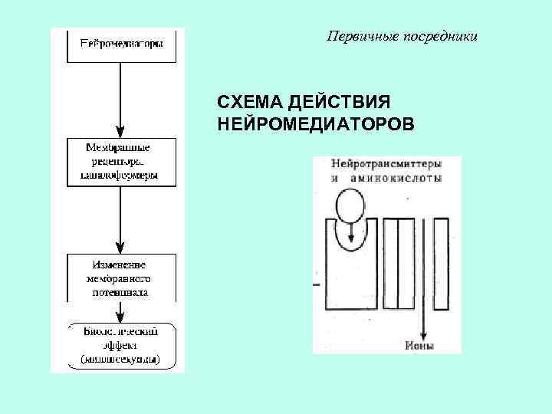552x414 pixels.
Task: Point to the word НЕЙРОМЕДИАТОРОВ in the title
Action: (x=314, y=123)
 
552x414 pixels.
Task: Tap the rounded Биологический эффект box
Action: (x=120, y=344)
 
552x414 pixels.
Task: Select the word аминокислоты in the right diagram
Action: (x=396, y=178)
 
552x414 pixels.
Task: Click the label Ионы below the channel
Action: (x=419, y=346)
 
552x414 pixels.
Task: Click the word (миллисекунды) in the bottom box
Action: (x=120, y=359)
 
